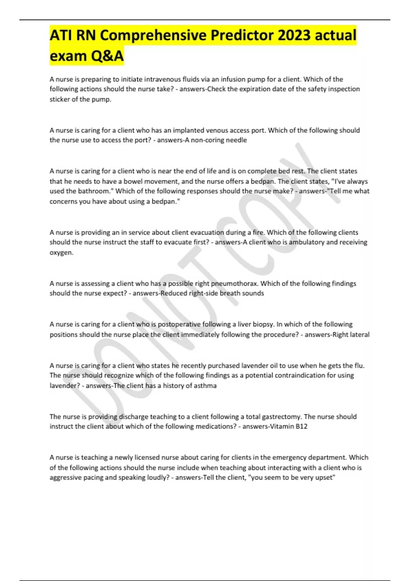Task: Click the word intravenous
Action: click(x=162, y=79)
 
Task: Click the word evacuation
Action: click(x=204, y=232)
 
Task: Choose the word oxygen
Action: click(x=61, y=253)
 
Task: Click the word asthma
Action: click(x=205, y=386)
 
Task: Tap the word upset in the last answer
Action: click(x=324, y=477)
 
